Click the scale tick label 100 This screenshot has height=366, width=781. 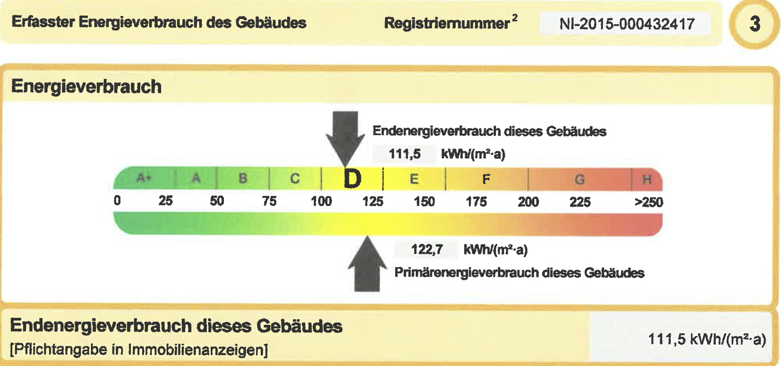coord(321,201)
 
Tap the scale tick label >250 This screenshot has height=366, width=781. coord(649,202)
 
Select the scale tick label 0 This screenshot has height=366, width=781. coord(117,200)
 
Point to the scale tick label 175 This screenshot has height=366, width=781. coord(476,202)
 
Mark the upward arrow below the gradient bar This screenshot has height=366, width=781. coord(367,265)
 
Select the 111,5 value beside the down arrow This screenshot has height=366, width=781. coord(404,154)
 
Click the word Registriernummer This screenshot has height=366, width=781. coord(447,23)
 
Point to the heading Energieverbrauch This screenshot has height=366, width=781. coord(86,87)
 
